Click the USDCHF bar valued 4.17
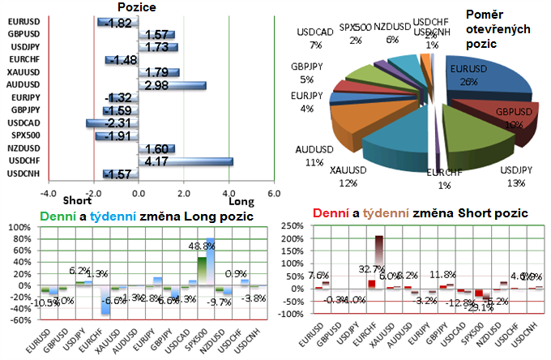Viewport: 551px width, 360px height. point(186,161)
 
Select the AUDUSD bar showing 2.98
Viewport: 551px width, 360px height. point(172,84)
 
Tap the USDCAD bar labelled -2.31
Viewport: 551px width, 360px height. point(112,122)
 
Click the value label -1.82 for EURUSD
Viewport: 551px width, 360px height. point(118,23)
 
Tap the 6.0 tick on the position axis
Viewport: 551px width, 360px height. point(274,193)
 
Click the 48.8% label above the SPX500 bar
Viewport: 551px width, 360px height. point(202,246)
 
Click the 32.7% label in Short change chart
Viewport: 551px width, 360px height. point(374,269)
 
